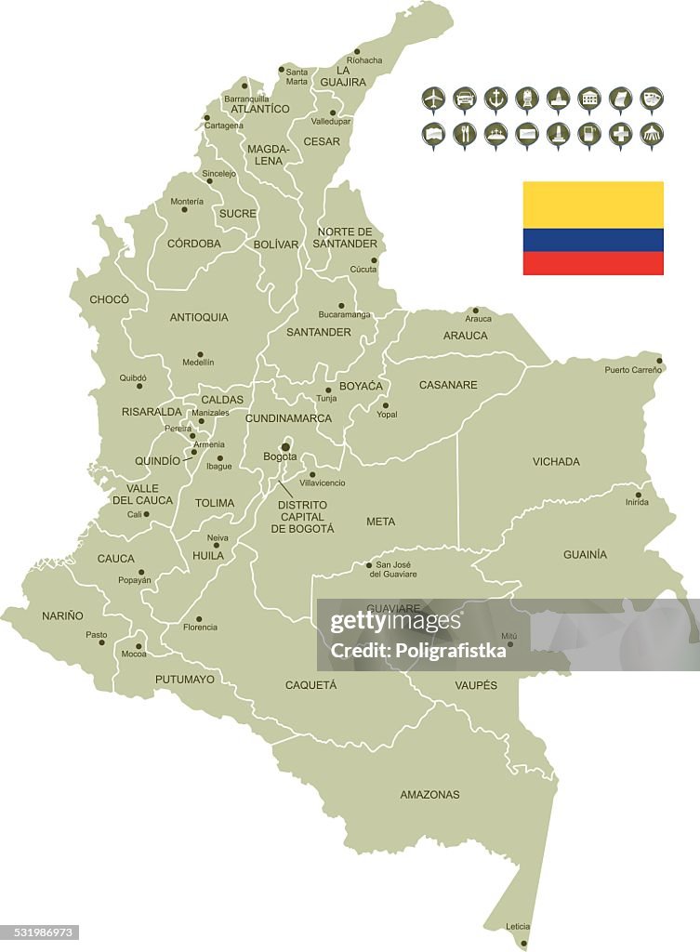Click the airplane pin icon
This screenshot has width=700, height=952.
433,98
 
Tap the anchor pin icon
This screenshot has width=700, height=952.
495,98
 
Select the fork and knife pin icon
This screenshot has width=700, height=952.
465,134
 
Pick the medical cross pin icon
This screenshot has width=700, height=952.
620,134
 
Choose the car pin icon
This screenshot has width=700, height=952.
465,98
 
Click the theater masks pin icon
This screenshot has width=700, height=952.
652,98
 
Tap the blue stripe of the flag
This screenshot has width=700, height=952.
593,240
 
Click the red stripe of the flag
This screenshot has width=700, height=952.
593,263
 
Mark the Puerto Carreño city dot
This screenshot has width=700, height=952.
659,361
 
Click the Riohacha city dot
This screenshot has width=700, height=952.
357,52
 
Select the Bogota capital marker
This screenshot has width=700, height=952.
285,447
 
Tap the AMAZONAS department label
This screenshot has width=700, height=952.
429,795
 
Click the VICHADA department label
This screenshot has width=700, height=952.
556,462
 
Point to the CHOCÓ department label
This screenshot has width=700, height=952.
109,299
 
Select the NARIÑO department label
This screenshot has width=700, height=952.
62,615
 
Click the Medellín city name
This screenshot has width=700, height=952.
198,363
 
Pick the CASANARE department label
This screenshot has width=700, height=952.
448,385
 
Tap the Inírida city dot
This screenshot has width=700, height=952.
638,495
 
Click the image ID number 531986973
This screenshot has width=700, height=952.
40,932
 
